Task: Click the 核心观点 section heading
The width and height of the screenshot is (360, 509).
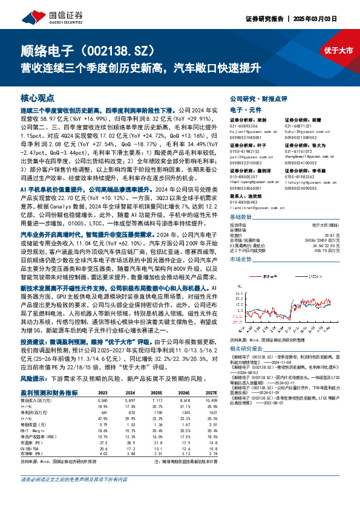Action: pyautogui.click(x=37, y=97)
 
